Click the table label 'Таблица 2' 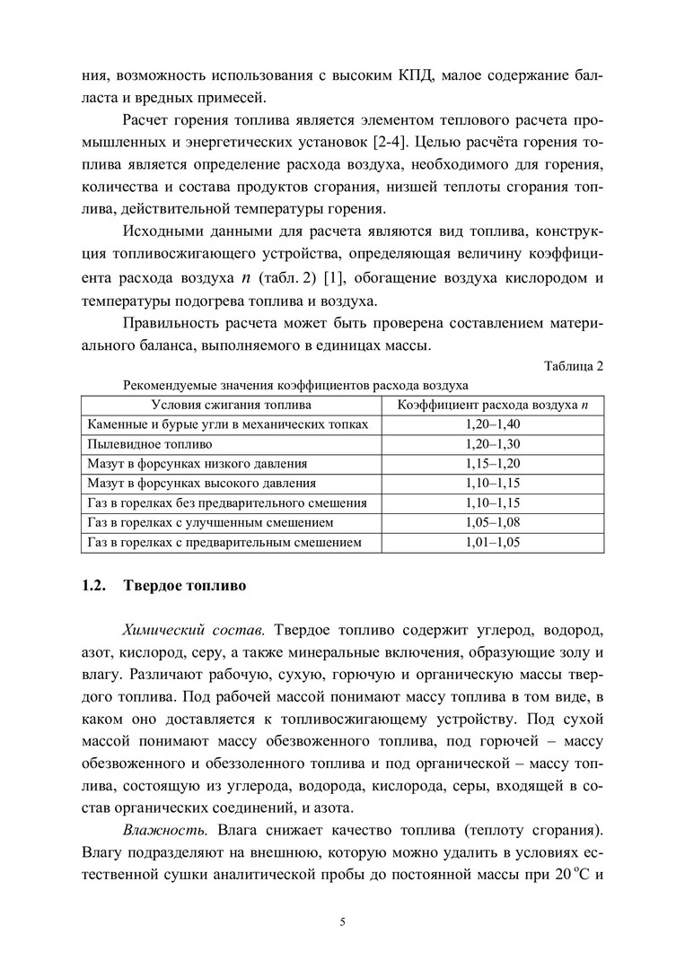[575, 367]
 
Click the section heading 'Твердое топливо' [184, 588]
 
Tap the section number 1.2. [94, 588]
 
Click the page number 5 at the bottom [343, 921]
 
